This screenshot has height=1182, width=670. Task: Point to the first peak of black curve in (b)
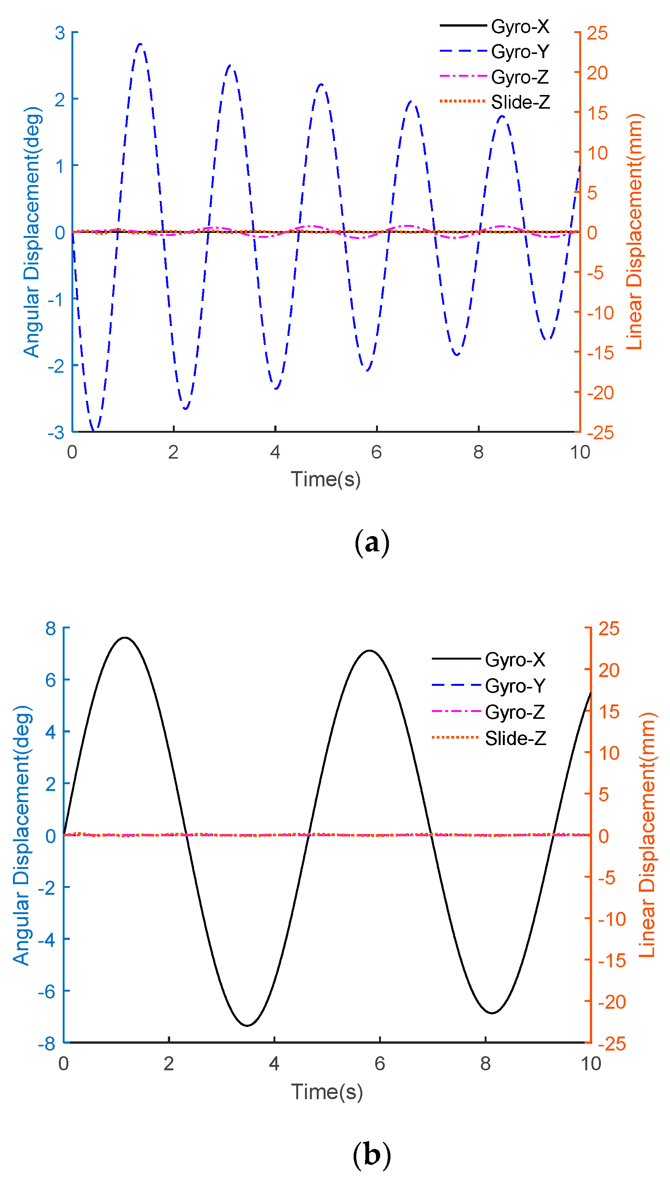(125, 638)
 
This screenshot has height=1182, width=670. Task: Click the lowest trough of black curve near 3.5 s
(247, 1025)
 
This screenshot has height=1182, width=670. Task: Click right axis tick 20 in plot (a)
(597, 73)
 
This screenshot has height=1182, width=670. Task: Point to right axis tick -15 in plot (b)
(612, 960)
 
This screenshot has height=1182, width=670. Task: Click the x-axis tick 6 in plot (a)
(376, 452)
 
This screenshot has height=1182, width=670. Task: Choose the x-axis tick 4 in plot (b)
(274, 1063)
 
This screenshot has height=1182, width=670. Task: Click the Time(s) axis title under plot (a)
(326, 479)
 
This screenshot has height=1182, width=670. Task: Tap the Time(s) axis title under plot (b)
(327, 1092)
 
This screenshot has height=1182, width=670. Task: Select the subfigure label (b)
(372, 1154)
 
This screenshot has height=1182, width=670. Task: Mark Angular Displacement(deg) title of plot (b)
(21, 835)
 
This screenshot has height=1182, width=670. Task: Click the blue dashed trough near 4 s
(276, 388)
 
